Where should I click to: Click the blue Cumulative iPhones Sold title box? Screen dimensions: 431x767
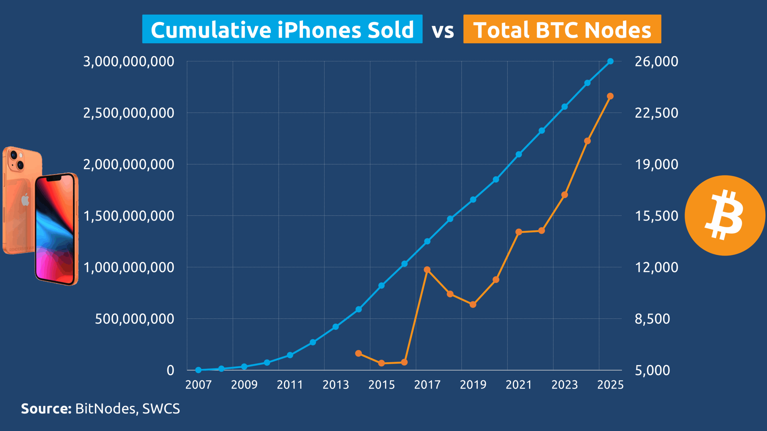tap(282, 29)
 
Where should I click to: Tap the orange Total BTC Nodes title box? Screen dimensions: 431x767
tap(562, 29)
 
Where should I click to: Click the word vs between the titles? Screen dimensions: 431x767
tap(443, 31)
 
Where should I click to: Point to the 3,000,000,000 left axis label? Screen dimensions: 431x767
tap(129, 62)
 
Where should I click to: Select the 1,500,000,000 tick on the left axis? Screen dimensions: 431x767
tap(129, 216)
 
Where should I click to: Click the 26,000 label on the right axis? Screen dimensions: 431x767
tap(656, 62)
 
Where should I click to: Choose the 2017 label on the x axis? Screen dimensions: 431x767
tap(427, 385)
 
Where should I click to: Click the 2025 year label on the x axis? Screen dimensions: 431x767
tap(610, 385)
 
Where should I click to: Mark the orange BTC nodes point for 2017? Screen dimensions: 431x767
tap(427, 270)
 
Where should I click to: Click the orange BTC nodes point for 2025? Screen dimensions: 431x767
tap(610, 96)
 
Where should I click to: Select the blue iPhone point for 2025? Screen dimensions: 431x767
tap(610, 61)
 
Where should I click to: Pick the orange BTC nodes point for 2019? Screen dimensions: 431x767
tap(473, 304)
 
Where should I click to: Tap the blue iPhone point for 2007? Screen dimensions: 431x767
tap(198, 370)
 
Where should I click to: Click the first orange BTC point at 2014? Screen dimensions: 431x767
tap(359, 353)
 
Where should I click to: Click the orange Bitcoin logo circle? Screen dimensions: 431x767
tap(725, 215)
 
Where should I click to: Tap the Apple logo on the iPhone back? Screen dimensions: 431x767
tap(25, 200)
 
